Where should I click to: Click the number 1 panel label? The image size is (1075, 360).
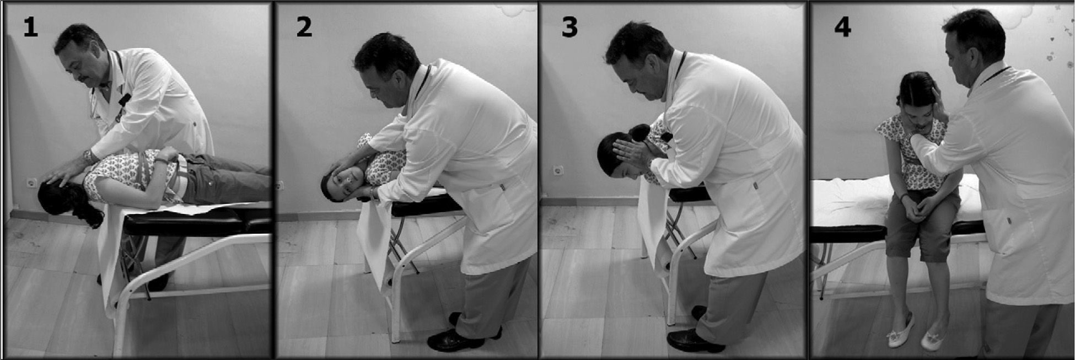(30, 27)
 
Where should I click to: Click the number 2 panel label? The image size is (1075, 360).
(304, 27)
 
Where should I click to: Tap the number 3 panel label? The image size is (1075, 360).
(569, 27)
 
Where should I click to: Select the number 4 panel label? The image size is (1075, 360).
(842, 27)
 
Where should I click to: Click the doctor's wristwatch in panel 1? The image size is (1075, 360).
(88, 157)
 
